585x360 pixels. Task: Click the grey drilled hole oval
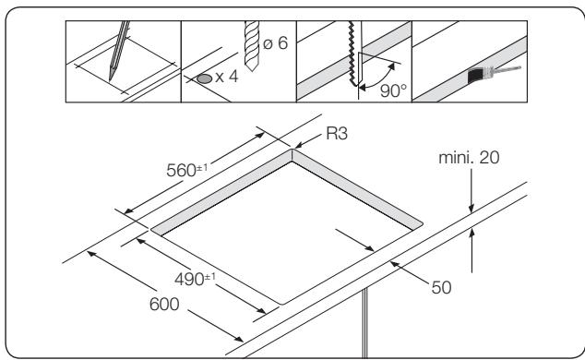click(203, 80)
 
